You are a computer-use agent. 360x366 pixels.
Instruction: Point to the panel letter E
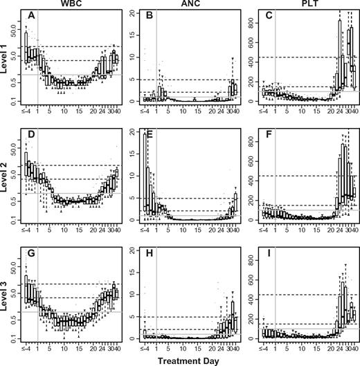(149, 133)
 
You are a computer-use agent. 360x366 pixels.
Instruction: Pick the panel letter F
(267, 133)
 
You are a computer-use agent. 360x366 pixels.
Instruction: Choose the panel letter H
(149, 250)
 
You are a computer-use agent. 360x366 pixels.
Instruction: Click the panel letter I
(267, 250)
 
